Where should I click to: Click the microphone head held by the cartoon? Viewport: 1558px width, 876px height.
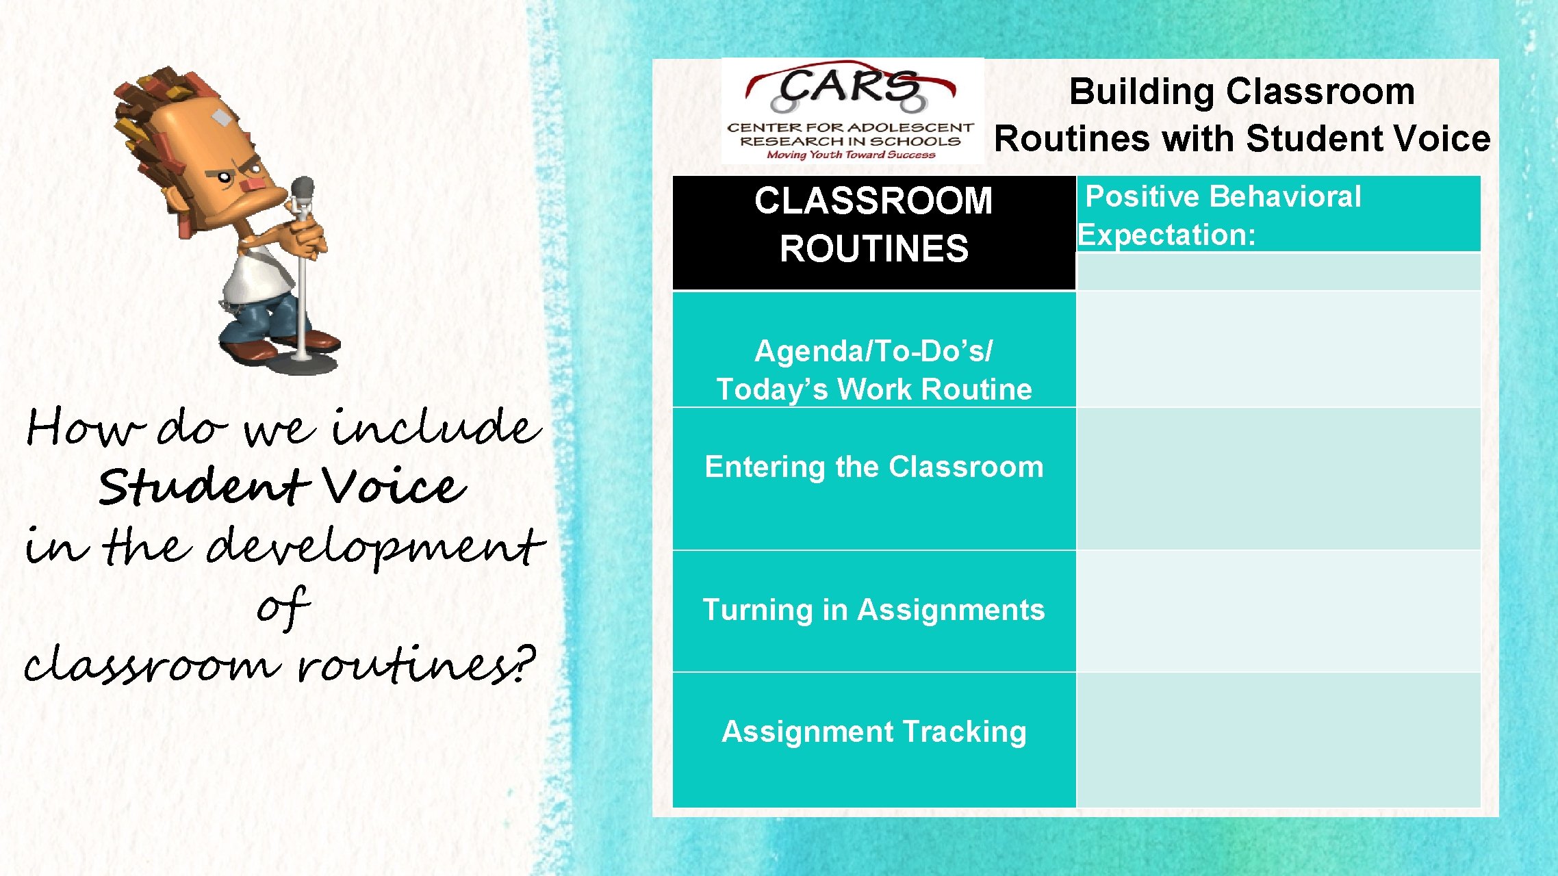tap(302, 189)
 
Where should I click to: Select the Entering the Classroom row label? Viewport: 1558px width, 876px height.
tap(874, 467)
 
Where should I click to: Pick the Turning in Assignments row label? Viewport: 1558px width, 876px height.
tap(874, 610)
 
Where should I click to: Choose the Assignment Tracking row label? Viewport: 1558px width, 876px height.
tap(874, 732)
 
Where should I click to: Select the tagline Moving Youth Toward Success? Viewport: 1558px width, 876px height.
tap(850, 155)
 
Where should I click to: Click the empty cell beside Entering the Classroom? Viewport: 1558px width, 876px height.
tap(1279, 478)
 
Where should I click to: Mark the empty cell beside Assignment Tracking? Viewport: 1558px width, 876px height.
tap(1279, 739)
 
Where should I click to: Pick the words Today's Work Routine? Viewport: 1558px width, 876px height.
tap(874, 389)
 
